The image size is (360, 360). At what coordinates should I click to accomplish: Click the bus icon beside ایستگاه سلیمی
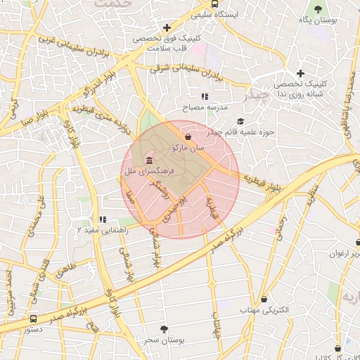tap(199, 14)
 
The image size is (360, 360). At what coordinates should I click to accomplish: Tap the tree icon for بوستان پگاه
tap(319, 9)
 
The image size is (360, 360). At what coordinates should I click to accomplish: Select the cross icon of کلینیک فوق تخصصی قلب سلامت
tap(167, 27)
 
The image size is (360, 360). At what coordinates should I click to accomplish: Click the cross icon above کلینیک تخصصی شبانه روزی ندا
tap(300, 73)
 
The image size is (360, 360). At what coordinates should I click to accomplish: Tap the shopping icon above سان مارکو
tap(188, 136)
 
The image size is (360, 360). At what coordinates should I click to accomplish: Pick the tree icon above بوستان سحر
tap(164, 328)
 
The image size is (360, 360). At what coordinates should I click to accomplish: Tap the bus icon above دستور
tap(34, 319)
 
